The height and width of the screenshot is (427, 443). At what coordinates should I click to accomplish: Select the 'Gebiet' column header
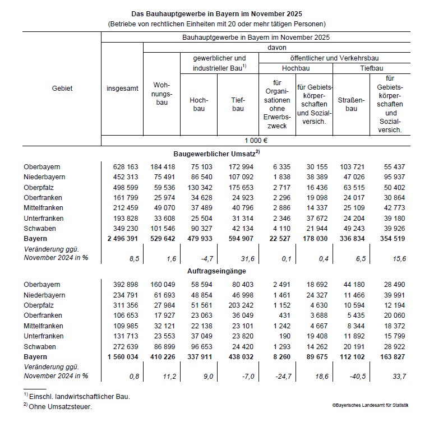[62, 88]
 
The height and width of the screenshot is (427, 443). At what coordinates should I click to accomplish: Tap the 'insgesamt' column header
[122, 88]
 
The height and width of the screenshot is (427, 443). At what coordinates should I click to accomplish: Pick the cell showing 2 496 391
[121, 239]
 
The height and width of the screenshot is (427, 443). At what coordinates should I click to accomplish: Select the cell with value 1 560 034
[121, 356]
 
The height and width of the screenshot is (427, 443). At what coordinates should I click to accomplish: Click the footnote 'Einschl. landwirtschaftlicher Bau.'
[81, 396]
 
